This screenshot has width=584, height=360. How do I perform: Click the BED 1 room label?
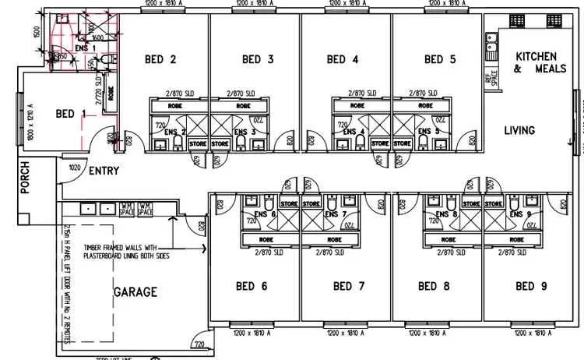tap(71, 114)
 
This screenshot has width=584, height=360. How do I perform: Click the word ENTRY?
tap(104, 171)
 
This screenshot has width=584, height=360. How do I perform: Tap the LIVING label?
tap(519, 130)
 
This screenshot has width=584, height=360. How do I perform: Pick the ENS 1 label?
tap(86, 48)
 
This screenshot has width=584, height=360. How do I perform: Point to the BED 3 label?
tap(258, 59)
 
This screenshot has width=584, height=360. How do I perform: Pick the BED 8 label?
tap(434, 286)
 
